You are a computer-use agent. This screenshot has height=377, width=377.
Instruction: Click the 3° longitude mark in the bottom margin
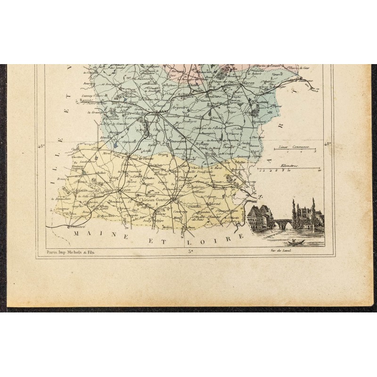coord(190,252)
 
